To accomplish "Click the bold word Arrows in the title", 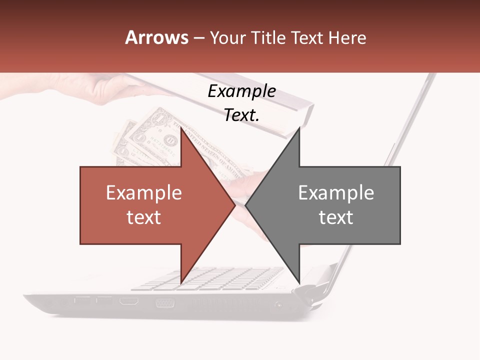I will coord(157,37).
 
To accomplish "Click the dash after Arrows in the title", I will coord(198,38).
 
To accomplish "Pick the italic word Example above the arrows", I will coord(241,91).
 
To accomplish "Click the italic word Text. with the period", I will coord(241,115).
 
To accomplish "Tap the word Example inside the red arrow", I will coord(144,193).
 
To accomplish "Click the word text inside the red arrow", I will coord(144,217).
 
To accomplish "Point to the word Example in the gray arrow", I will coord(336,193).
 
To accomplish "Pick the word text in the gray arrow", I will coord(336,217).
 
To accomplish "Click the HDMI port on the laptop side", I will coord(129,301).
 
